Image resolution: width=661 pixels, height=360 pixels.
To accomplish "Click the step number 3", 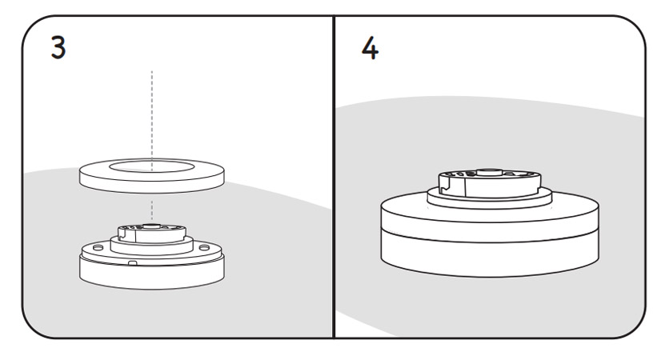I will [58, 47].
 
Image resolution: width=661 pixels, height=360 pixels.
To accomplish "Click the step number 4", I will [370, 47].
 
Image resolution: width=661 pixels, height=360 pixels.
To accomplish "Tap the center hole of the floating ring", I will [151, 167].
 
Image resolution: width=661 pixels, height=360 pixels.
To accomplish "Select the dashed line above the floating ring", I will [152, 112].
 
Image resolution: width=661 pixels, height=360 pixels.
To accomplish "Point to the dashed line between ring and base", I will [152, 208].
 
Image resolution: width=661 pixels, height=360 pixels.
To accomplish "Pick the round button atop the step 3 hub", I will [151, 227].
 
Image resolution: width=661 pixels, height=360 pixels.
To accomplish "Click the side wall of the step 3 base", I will [151, 276].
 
